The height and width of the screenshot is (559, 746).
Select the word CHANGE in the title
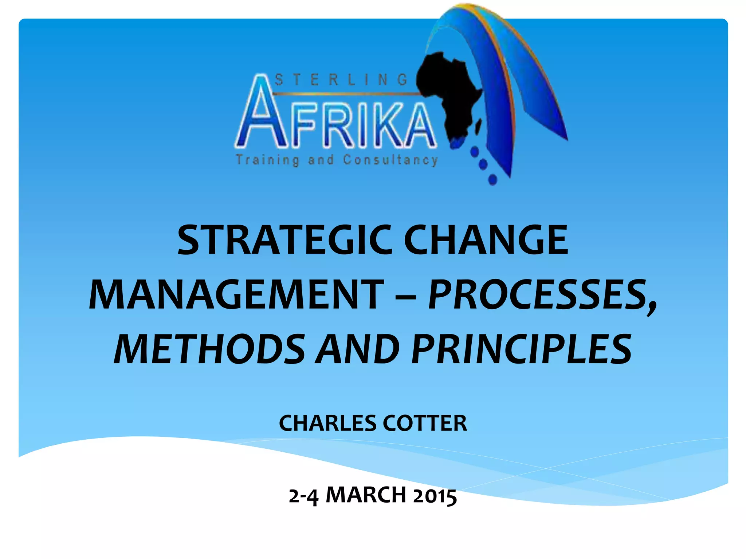click(486, 240)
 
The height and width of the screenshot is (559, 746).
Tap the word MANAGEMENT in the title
click(236, 294)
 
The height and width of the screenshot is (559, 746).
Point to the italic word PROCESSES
click(542, 294)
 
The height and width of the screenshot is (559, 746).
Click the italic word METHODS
click(209, 349)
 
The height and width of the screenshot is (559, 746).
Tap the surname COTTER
click(425, 423)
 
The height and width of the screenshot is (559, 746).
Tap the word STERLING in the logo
click(341, 79)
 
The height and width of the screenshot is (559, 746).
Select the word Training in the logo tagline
click(268, 160)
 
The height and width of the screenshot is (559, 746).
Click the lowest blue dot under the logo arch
click(492, 179)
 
